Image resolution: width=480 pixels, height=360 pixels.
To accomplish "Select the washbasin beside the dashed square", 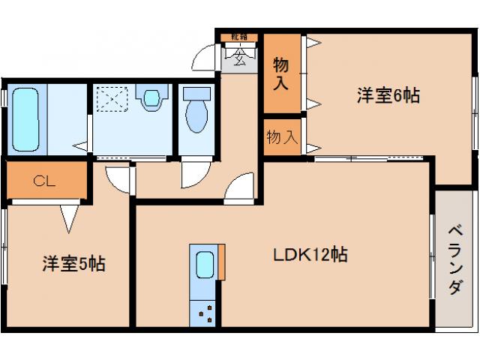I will coord(151,98).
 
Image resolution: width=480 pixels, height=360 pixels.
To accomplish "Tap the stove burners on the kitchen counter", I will coord(205,311).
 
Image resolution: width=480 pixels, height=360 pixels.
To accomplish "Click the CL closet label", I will coord(43,180).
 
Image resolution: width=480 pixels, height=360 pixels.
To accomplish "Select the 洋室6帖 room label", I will coord(387,95).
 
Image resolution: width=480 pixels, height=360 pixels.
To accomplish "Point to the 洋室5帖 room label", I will coord(72,263).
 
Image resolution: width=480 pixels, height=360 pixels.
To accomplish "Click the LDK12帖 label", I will coord(309,255).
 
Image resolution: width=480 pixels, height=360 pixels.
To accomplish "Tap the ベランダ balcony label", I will coord(455,259).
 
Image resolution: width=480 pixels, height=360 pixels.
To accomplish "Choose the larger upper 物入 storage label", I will coord(281,73).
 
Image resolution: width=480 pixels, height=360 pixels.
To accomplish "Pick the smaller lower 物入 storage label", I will coord(282,136).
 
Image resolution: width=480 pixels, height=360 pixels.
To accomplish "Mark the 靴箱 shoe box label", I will coord(238,37).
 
